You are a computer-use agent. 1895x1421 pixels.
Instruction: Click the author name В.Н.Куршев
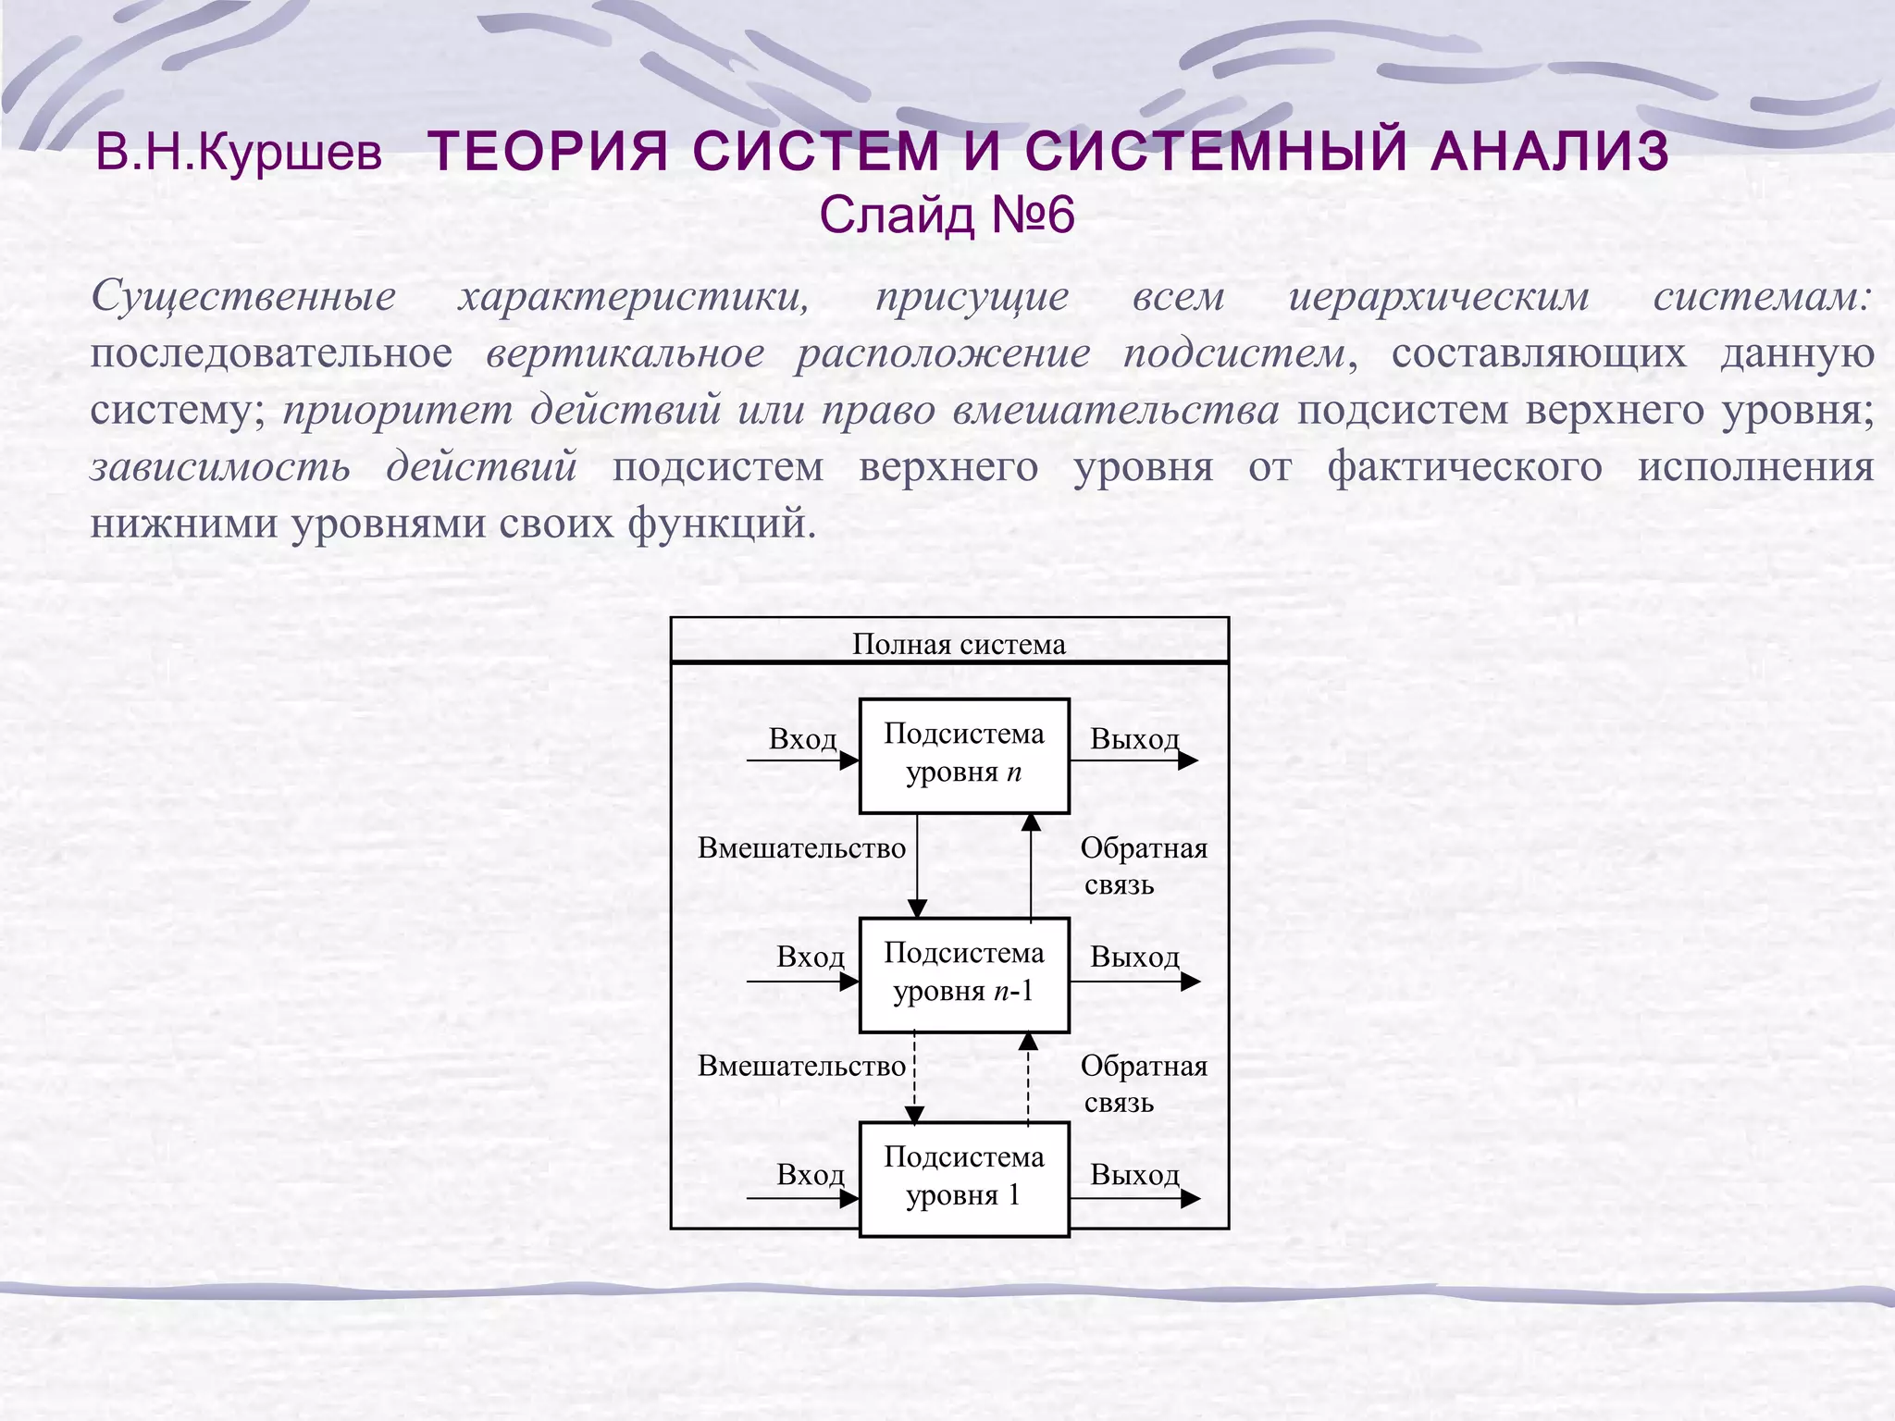239,154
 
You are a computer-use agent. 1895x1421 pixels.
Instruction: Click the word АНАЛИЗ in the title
1549,151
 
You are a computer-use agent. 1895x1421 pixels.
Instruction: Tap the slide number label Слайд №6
947,216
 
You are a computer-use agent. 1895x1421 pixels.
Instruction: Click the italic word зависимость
220,466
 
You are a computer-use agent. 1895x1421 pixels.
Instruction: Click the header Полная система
959,644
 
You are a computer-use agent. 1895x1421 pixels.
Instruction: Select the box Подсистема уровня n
964,756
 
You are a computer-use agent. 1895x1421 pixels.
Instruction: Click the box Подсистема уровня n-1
964,975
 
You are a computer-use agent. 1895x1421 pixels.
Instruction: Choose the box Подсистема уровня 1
964,1179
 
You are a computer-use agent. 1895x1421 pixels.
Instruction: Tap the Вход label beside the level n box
802,739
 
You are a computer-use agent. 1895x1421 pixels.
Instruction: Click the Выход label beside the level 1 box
1134,1175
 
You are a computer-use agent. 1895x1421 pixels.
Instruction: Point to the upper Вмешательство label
801,848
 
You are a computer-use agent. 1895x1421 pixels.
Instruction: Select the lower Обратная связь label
1143,1083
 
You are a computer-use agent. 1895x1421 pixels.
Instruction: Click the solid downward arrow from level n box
917,866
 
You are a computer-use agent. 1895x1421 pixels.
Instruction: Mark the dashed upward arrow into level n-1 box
1028,1078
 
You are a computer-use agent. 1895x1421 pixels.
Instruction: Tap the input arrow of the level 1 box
802,1199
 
